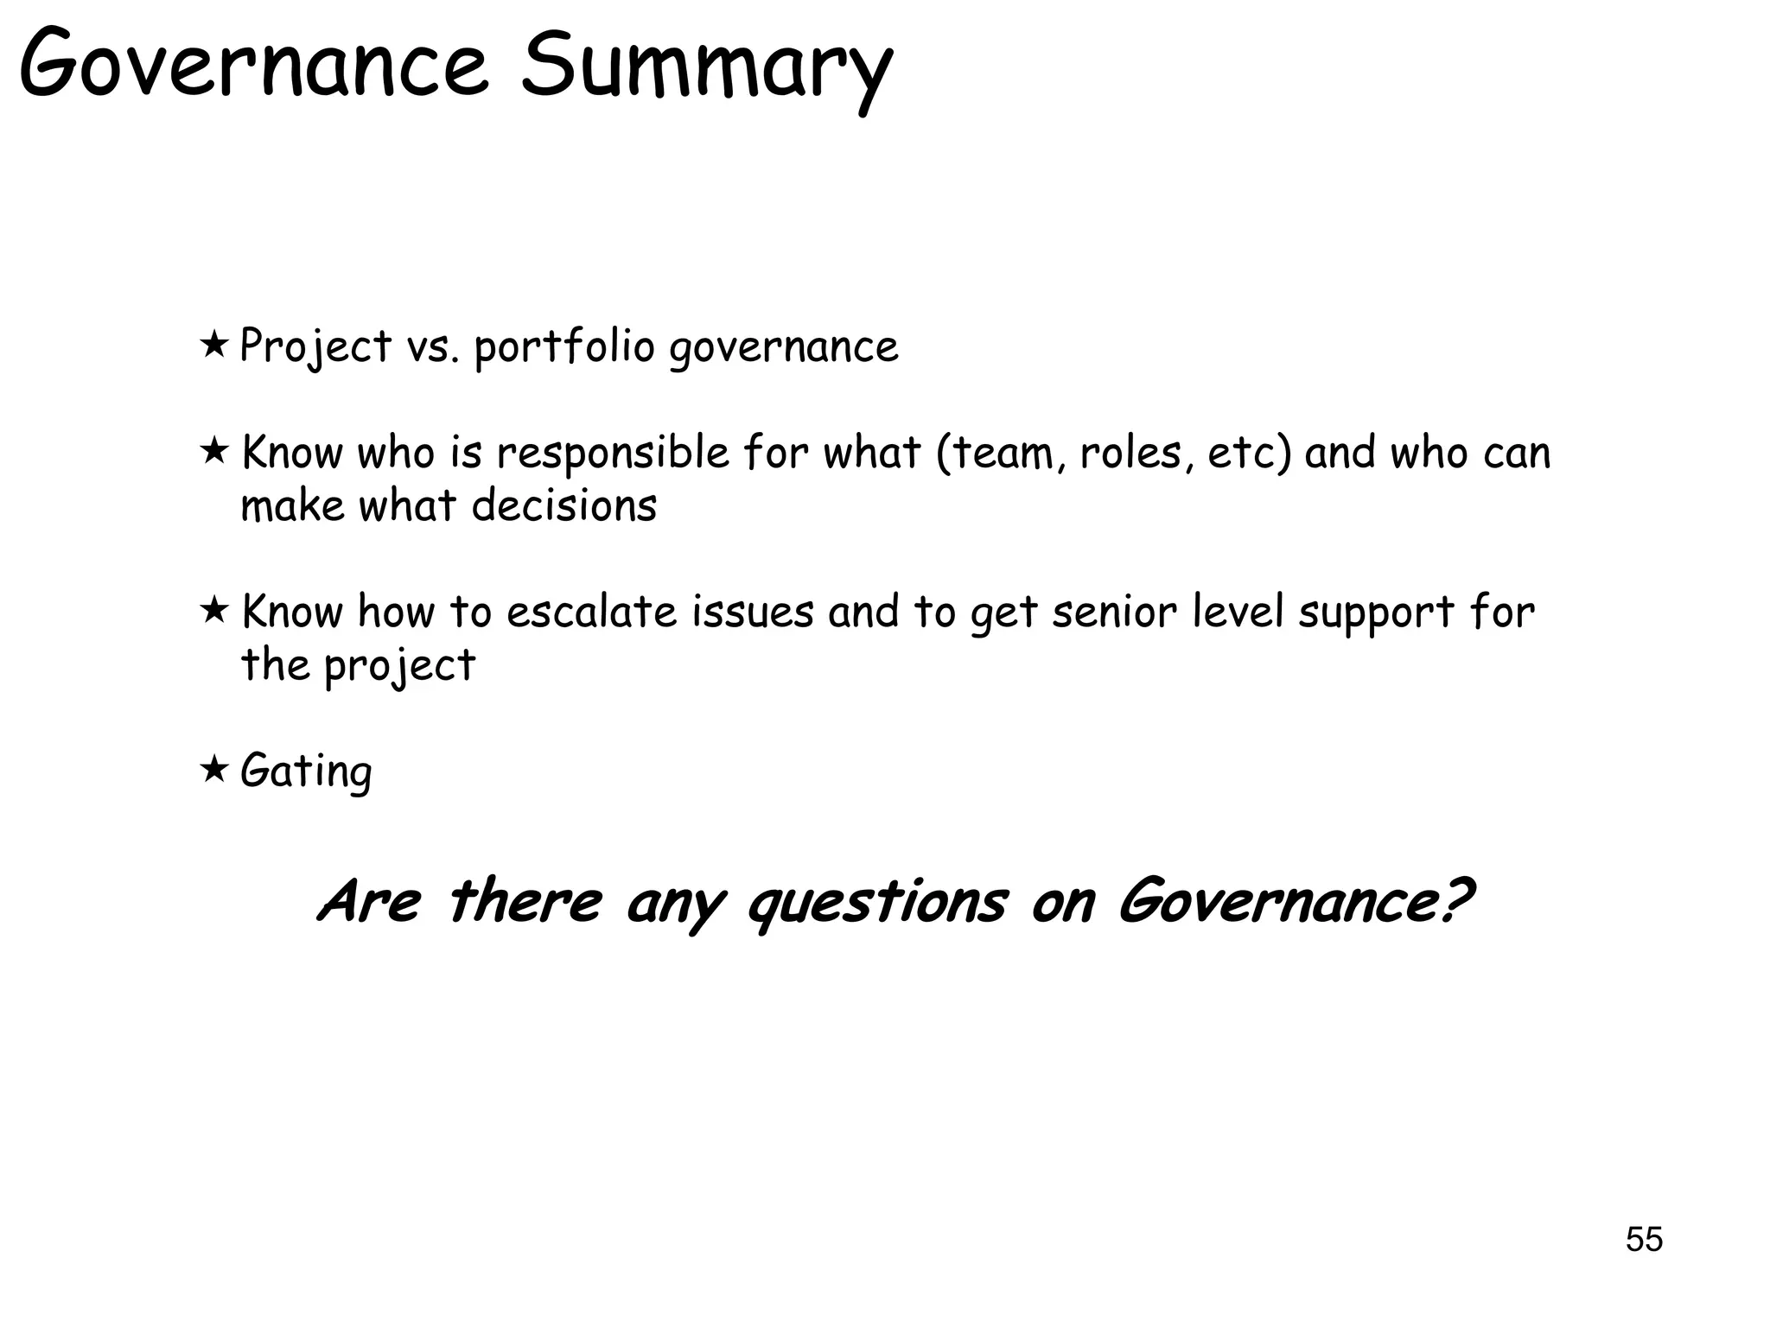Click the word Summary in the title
pyautogui.click(x=705, y=67)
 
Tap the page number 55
pyautogui.click(x=1644, y=1240)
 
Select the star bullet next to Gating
pyautogui.click(x=213, y=768)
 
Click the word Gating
pyautogui.click(x=306, y=771)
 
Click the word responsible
pyautogui.click(x=613, y=454)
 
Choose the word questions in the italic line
pyautogui.click(x=876, y=904)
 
